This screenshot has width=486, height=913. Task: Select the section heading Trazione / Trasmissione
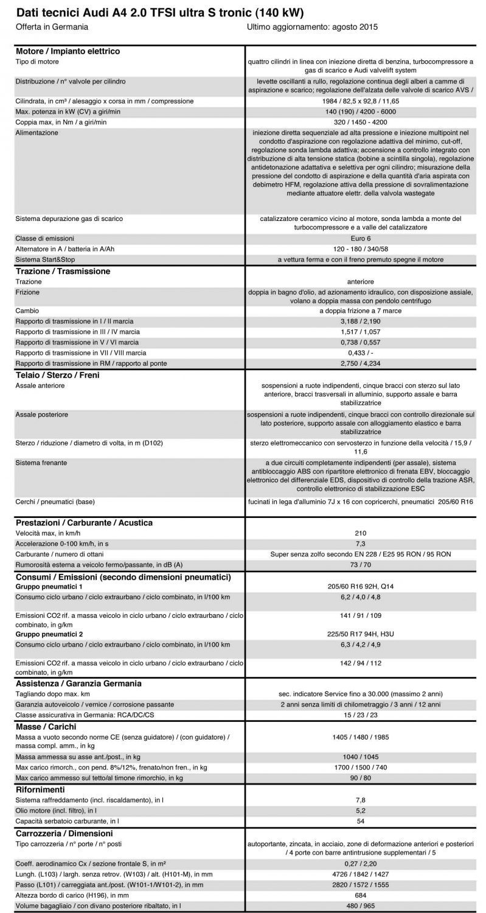click(63, 271)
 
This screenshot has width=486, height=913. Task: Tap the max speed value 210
click(360, 533)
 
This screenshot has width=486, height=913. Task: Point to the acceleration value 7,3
click(360, 544)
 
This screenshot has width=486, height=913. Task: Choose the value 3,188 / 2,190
click(360, 321)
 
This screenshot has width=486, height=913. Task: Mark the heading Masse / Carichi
click(46, 727)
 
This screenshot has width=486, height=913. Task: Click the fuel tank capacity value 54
click(360, 822)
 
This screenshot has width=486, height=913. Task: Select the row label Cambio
click(27, 311)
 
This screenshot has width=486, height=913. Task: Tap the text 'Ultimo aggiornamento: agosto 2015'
click(313, 27)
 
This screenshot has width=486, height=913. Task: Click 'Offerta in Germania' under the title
click(52, 27)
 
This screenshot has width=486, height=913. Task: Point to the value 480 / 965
click(360, 906)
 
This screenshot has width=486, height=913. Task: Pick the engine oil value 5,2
click(360, 811)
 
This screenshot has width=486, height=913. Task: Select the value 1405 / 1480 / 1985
click(360, 737)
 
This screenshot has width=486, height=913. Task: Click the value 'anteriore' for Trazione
click(360, 282)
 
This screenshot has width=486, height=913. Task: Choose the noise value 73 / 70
click(360, 565)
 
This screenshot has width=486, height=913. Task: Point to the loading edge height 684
click(360, 896)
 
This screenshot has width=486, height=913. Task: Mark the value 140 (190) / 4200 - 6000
click(360, 112)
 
